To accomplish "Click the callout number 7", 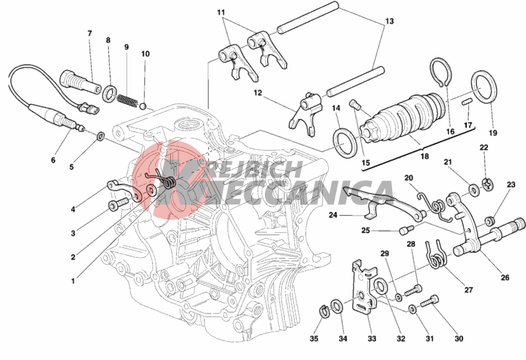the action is pyautogui.click(x=90, y=33).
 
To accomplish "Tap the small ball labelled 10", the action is pyautogui.click(x=143, y=106).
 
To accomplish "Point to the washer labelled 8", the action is pyautogui.click(x=110, y=93).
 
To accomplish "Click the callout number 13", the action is pyautogui.click(x=389, y=21).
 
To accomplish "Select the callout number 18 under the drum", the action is pyautogui.click(x=424, y=156).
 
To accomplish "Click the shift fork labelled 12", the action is pyautogui.click(x=304, y=113).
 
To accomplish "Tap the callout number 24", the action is pyautogui.click(x=333, y=215).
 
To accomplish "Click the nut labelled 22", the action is pyautogui.click(x=487, y=184).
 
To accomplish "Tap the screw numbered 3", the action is pyautogui.click(x=118, y=204).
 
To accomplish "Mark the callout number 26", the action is pyautogui.click(x=505, y=277).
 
